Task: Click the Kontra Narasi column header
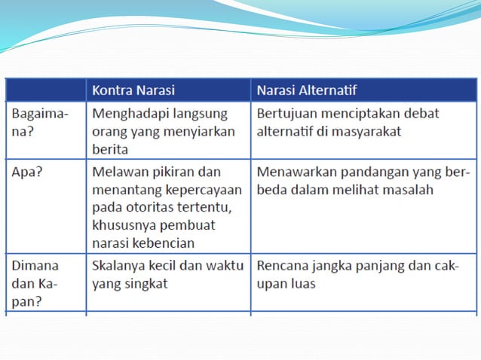pyautogui.click(x=133, y=90)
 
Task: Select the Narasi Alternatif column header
pyautogui.click(x=308, y=90)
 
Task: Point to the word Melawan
pyautogui.click(x=118, y=172)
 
